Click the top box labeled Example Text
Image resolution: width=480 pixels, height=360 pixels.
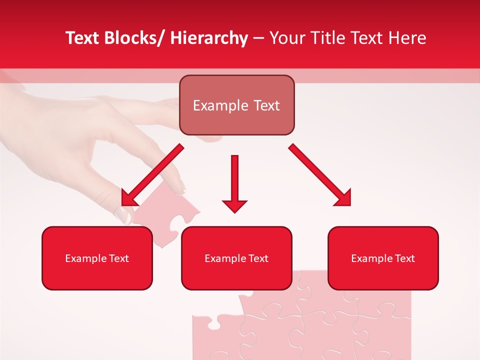236,105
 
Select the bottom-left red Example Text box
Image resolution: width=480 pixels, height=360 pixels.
97,258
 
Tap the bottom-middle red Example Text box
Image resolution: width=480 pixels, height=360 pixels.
236,258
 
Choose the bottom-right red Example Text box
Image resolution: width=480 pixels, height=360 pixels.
383,258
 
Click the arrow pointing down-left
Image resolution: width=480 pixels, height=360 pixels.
152,175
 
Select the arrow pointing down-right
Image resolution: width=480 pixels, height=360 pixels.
319,174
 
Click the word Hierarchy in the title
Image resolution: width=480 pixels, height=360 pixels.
209,38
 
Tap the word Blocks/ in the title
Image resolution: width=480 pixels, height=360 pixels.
133,38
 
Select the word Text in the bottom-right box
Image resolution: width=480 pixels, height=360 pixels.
404,258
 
